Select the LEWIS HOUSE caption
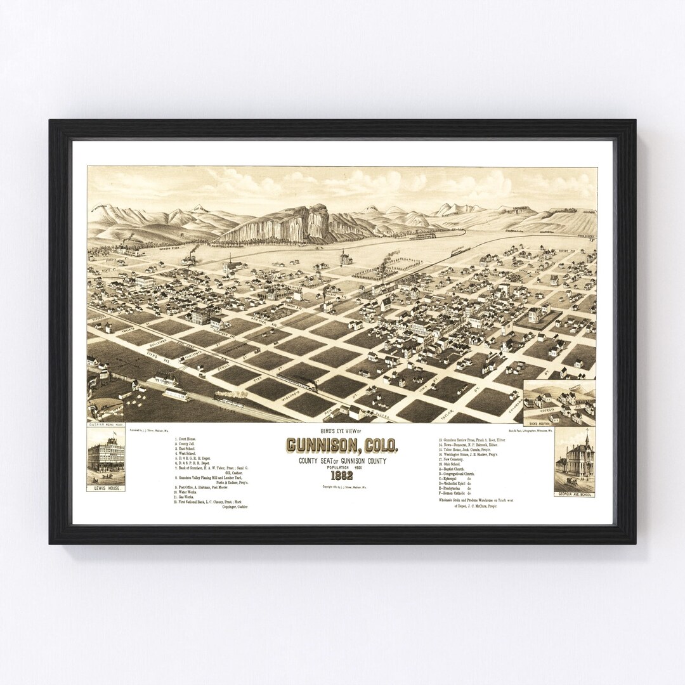tap(106, 489)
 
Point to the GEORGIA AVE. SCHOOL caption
tap(574, 493)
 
